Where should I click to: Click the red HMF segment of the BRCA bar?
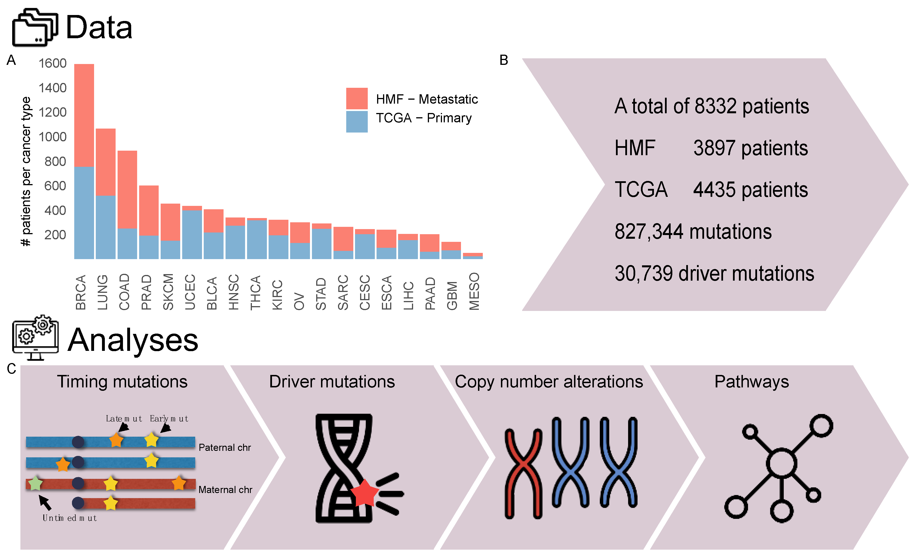84,115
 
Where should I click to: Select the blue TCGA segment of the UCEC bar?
192,234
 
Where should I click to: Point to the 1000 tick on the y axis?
52,137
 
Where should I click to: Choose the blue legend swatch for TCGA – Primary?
356,121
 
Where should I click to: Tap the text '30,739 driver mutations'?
714,274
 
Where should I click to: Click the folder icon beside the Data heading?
35,28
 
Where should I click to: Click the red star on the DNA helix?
364,493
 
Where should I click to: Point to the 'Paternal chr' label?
225,447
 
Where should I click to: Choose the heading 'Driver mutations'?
331,382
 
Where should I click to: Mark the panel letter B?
503,60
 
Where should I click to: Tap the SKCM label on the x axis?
168,291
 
